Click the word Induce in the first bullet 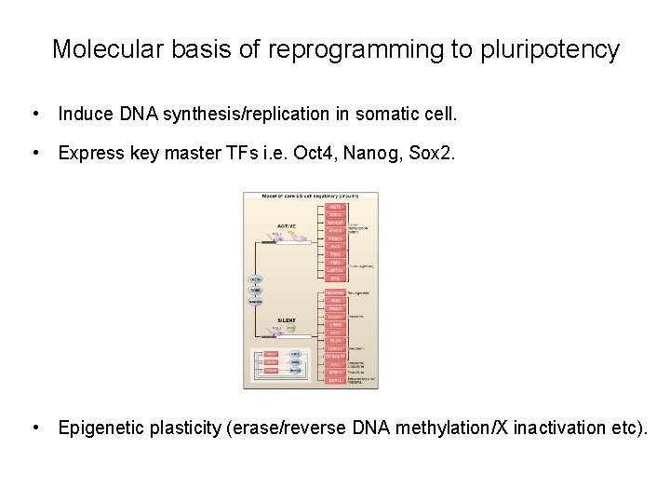87,115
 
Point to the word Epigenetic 101,428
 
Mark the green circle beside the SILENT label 290,328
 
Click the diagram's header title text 310,197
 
